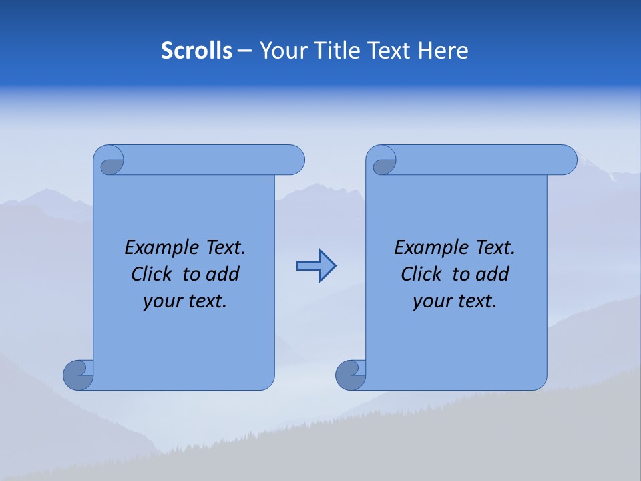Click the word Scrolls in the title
point(196,51)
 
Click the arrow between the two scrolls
point(316,266)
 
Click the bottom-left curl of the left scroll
point(79,374)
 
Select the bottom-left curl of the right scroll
point(351,375)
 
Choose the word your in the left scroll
point(161,301)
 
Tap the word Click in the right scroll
point(421,274)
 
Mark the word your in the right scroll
point(431,301)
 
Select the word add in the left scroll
point(223,274)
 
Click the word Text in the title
point(389,51)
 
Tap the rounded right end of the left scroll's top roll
point(294,160)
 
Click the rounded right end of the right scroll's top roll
point(566,160)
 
